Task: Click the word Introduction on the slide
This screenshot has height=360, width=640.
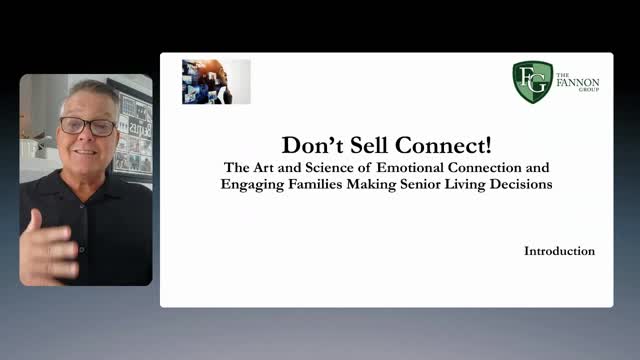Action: coord(559,251)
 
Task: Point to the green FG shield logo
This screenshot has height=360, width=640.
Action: coord(532,82)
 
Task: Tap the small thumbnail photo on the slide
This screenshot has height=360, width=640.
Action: coord(216,81)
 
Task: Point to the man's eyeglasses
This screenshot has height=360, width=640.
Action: coord(87,127)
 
